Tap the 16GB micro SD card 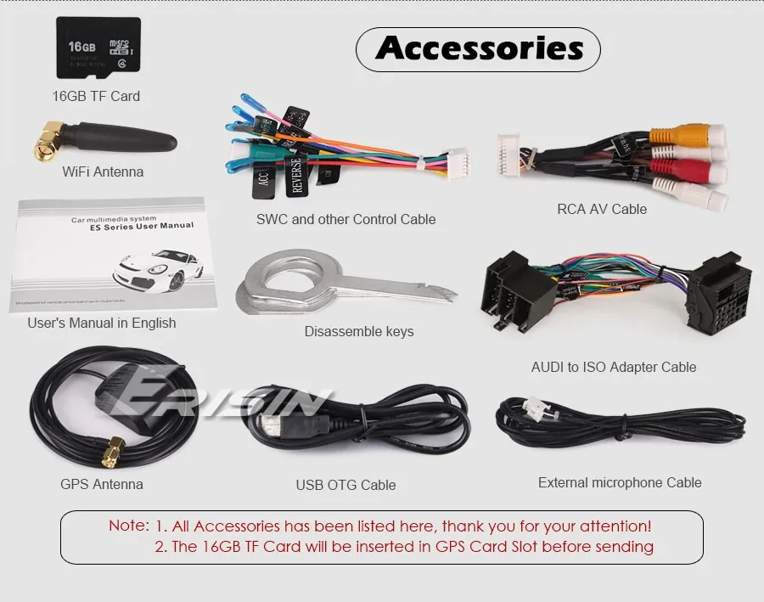(x=98, y=48)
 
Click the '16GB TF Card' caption (x=96, y=96)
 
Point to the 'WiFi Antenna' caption (x=103, y=172)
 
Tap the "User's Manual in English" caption (x=102, y=323)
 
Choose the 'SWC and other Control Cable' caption (x=345, y=219)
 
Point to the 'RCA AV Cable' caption (x=602, y=209)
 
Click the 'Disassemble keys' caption (x=359, y=331)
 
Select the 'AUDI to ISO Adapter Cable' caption (x=613, y=367)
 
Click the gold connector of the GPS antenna (x=110, y=453)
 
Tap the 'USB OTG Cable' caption (x=345, y=485)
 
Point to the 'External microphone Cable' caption (x=620, y=482)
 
